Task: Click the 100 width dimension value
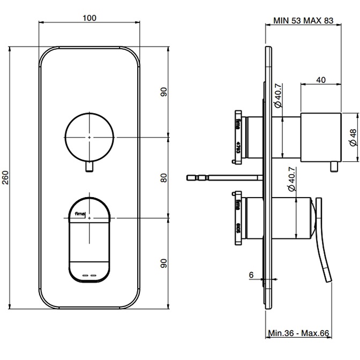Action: [89, 18]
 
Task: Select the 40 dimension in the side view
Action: [321, 79]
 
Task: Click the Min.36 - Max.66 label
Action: [298, 333]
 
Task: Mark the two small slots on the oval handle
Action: [89, 275]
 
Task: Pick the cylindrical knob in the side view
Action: [321, 137]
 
